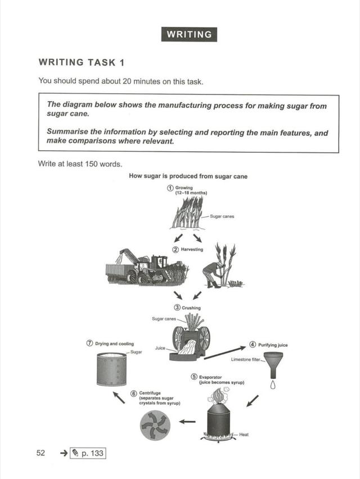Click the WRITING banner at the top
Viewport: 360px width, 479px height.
[x=188, y=34]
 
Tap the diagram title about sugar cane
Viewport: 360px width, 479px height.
[x=188, y=176]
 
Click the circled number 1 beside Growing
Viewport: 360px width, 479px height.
[x=170, y=188]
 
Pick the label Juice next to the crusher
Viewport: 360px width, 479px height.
[x=160, y=348]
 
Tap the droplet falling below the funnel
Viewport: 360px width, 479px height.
[x=273, y=385]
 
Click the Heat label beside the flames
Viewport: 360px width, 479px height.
[x=244, y=435]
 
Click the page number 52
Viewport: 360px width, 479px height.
[x=40, y=453]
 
